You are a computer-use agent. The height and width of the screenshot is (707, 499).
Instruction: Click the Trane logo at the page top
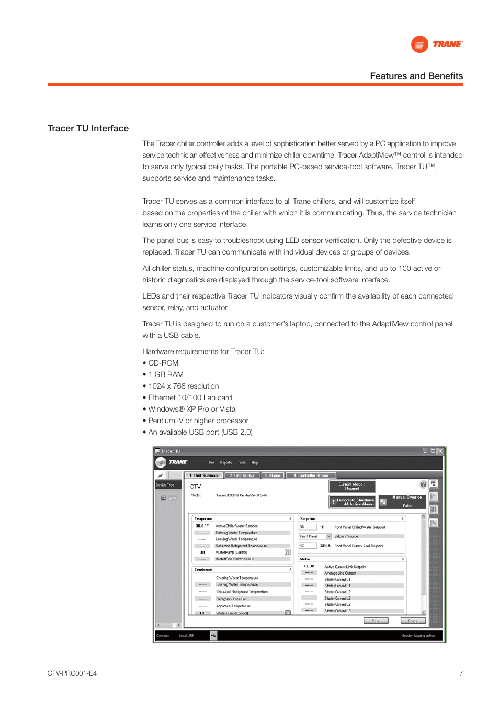click(x=437, y=45)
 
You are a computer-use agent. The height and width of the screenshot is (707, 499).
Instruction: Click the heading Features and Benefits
click(x=416, y=76)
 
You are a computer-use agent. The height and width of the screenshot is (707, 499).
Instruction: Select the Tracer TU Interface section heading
click(x=88, y=128)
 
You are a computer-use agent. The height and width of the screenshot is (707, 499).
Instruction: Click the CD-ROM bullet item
click(x=163, y=363)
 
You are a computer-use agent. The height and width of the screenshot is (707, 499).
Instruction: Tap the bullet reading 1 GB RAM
click(x=166, y=374)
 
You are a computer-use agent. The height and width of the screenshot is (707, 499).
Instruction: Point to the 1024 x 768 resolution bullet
click(x=183, y=386)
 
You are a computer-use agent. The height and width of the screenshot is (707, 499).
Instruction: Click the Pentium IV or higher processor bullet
click(x=198, y=421)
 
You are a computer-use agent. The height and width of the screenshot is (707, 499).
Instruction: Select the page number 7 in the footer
click(x=461, y=673)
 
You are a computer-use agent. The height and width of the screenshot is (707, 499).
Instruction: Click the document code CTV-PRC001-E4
click(x=72, y=673)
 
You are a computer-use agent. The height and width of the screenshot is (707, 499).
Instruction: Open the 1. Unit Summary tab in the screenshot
click(x=204, y=476)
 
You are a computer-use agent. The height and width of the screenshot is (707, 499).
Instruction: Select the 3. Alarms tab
click(x=273, y=476)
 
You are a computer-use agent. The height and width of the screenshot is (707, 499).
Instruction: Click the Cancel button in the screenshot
click(x=413, y=621)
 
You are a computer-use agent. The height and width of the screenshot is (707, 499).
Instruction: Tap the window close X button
click(x=440, y=451)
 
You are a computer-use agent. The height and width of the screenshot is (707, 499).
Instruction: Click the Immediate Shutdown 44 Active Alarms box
click(x=352, y=502)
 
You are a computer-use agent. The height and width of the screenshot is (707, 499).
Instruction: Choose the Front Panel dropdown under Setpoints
click(x=315, y=536)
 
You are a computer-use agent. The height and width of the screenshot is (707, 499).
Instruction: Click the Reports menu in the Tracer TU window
click(x=226, y=462)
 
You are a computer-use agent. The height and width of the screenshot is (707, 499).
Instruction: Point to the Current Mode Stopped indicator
click(x=351, y=486)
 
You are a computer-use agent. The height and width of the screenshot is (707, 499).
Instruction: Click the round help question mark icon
click(x=423, y=484)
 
